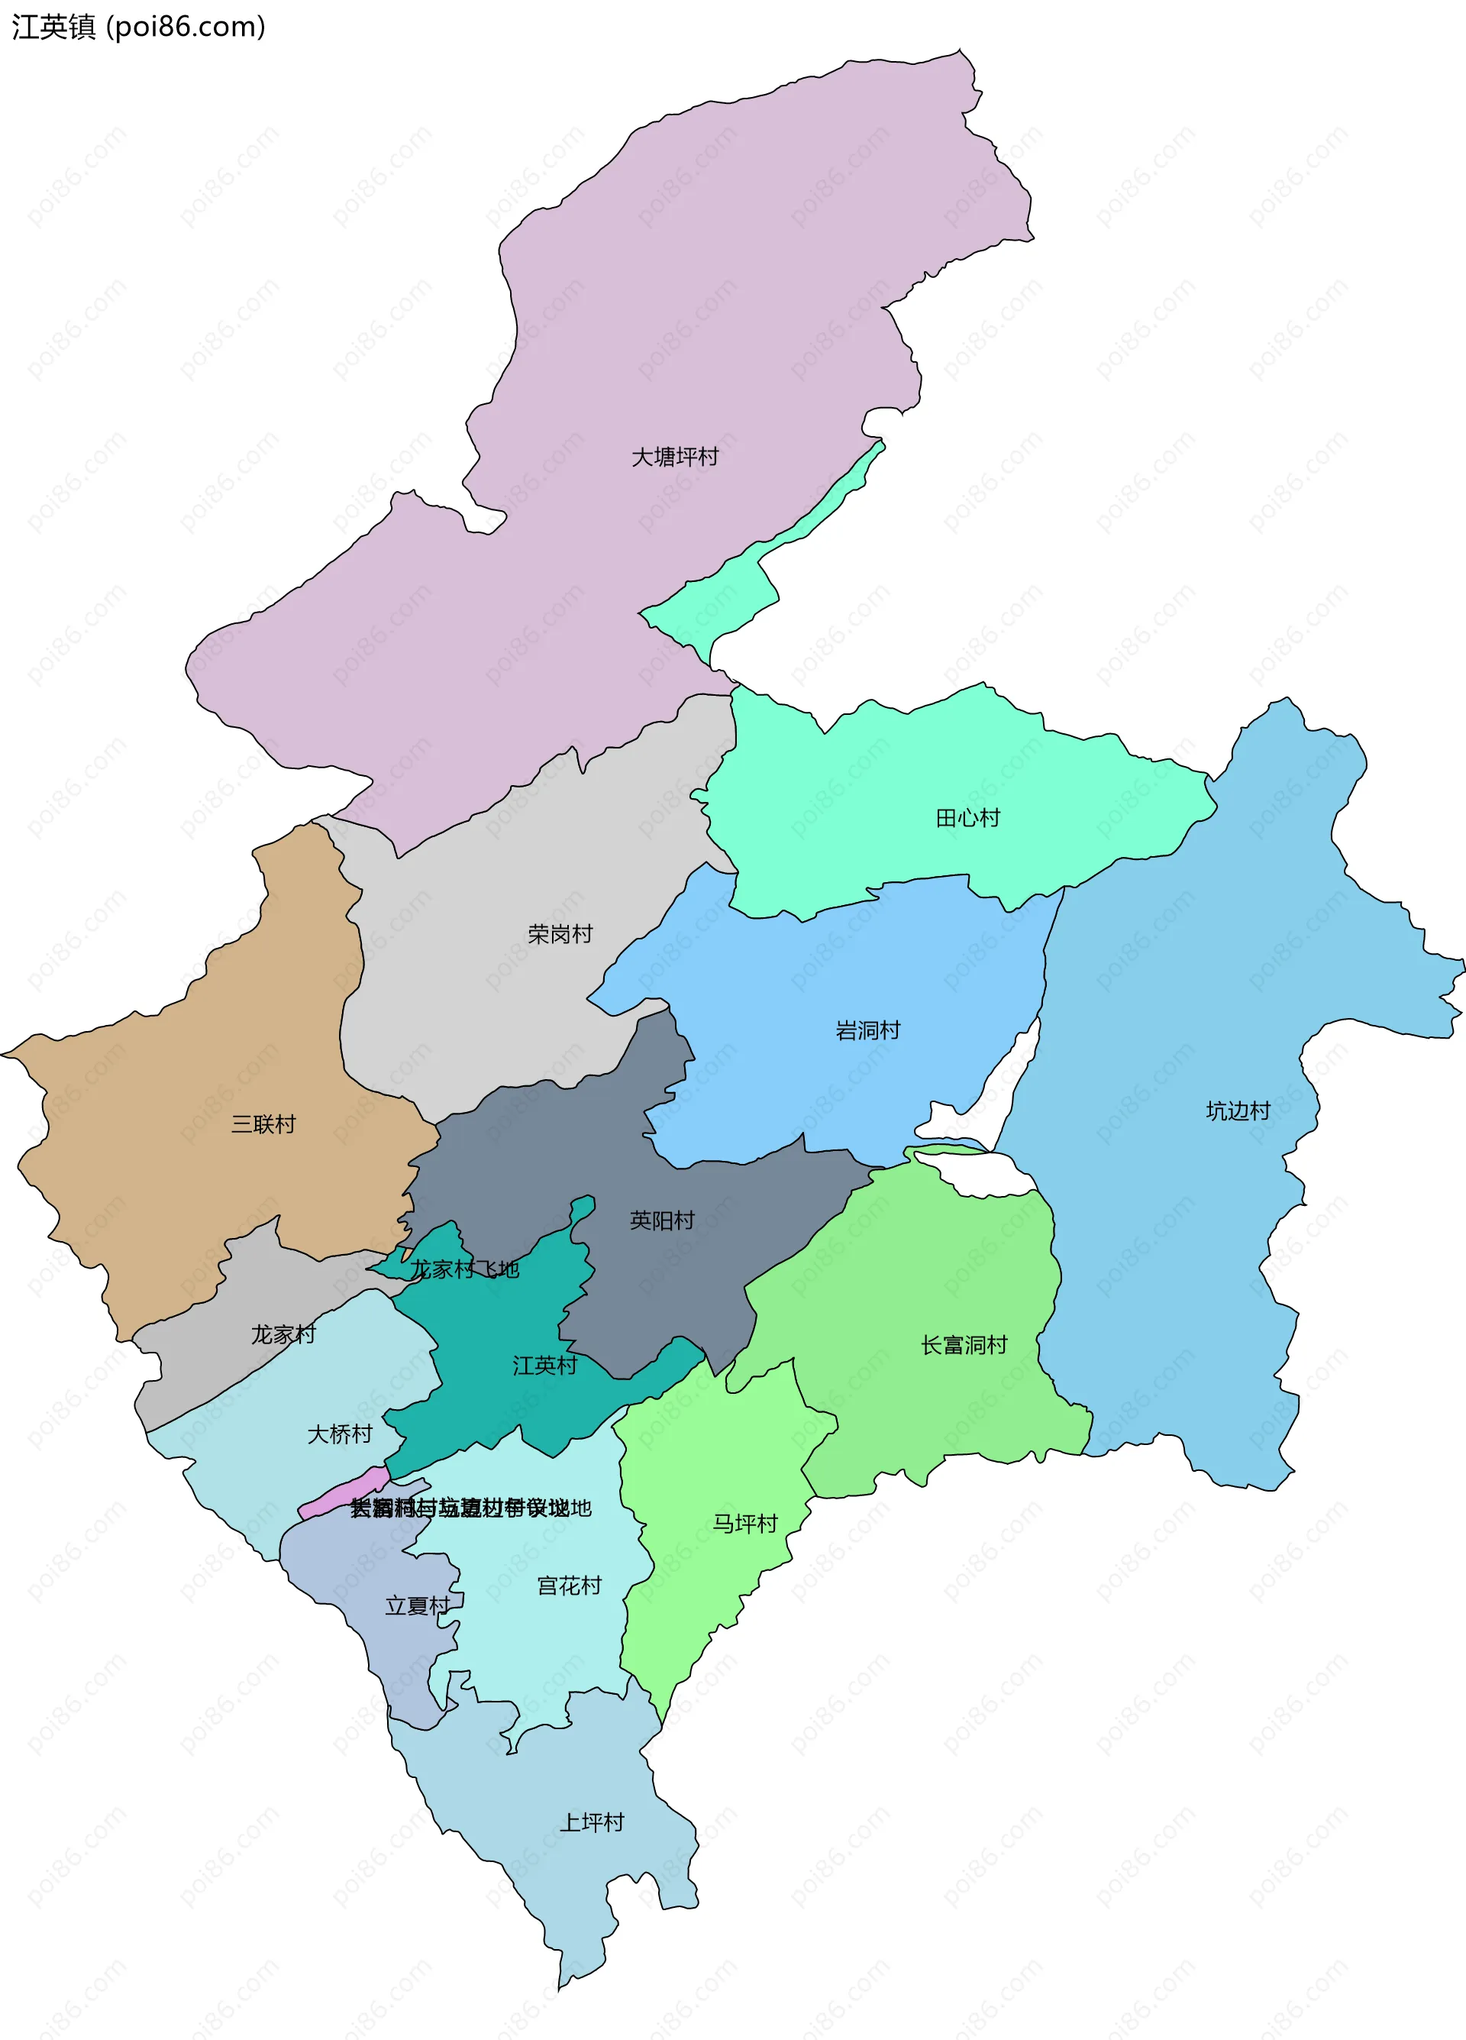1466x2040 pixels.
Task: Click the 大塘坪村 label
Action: [x=674, y=457]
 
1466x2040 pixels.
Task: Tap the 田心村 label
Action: [x=967, y=818]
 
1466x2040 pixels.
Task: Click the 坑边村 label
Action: [x=1238, y=1111]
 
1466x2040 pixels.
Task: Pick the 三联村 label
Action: [x=263, y=1123]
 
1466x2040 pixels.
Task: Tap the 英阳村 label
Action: [x=662, y=1220]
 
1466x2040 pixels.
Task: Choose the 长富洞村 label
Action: [x=964, y=1345]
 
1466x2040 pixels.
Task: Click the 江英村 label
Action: [x=544, y=1366]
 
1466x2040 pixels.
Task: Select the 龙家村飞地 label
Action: [x=464, y=1269]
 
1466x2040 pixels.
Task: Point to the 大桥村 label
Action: [x=339, y=1434]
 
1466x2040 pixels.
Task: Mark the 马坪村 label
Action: [x=744, y=1523]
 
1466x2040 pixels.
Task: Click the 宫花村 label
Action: [x=568, y=1585]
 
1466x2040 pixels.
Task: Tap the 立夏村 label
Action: [x=418, y=1605]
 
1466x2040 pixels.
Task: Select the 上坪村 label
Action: [x=591, y=1822]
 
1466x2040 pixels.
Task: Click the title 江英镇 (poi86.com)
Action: [x=138, y=27]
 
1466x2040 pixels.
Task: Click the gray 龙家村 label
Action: [x=283, y=1334]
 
